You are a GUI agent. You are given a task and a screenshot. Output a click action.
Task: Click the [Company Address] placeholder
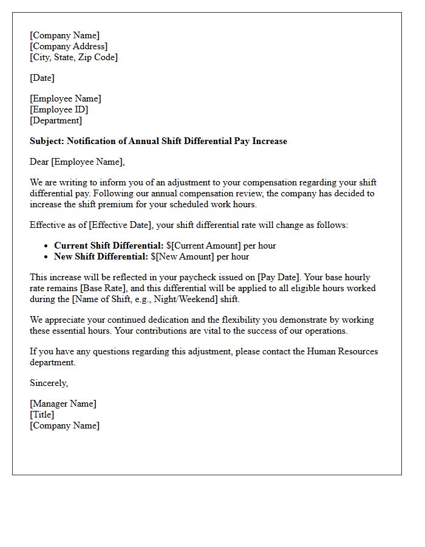point(69,46)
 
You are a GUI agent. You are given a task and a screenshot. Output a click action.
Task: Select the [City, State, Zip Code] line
point(73,57)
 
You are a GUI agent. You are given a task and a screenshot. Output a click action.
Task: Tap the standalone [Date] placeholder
point(42,78)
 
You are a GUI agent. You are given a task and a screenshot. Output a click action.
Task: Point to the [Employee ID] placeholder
point(59,109)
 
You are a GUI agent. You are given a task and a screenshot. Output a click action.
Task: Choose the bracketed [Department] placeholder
point(56,120)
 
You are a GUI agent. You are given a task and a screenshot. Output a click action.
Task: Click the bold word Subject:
point(47,141)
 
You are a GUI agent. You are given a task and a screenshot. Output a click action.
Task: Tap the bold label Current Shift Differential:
point(109,246)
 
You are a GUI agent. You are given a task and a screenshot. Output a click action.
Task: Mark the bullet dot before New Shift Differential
point(46,257)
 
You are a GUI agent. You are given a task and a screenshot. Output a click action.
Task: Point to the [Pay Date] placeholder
point(278,277)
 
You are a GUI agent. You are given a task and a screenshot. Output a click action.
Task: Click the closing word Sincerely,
point(49,383)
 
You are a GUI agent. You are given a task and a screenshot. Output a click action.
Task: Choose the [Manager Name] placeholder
point(63,404)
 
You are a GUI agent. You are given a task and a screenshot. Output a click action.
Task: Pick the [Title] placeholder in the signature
point(42,415)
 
